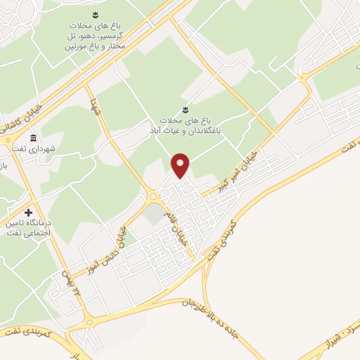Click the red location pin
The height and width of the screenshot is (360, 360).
181,165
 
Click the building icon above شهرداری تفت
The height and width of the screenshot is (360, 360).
33,137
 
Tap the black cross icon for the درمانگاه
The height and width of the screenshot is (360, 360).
28,212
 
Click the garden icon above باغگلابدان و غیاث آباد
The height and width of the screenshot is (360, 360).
184,109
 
